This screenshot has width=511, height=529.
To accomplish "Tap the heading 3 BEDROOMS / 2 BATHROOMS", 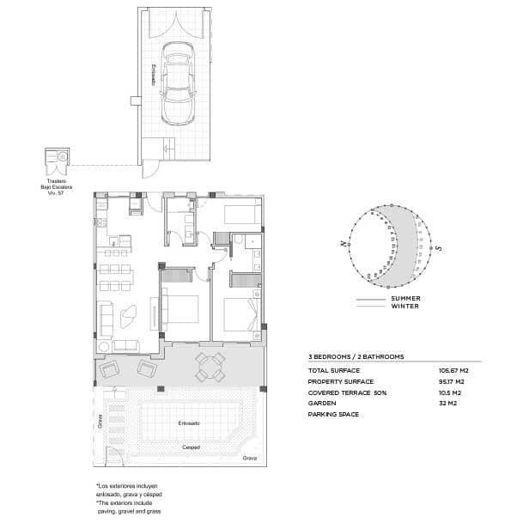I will (x=356, y=356).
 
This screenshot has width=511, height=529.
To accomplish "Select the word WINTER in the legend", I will (x=405, y=306).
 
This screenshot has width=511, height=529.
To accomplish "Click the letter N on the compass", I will (x=343, y=246).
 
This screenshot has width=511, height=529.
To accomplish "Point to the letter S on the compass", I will (x=438, y=248).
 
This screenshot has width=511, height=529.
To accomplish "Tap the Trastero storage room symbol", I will (x=58, y=159).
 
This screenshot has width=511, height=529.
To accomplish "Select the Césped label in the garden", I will (x=192, y=447).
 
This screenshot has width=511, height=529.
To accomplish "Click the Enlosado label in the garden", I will (x=189, y=423).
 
